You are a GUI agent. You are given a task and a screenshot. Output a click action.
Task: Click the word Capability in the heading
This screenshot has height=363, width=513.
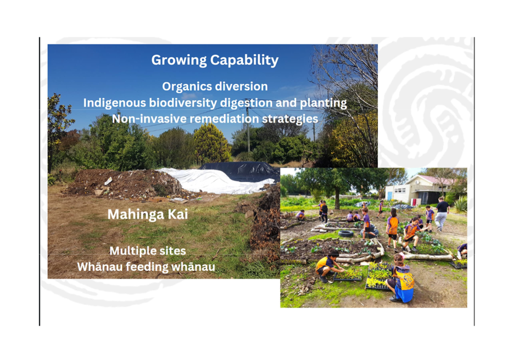(244, 60)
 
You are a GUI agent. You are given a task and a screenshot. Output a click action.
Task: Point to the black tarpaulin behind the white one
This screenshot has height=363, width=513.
(241, 171)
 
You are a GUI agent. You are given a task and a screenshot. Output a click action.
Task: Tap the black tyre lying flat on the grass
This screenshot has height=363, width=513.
(346, 233)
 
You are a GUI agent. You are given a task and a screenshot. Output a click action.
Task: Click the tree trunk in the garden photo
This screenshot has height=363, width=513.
(337, 198)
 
